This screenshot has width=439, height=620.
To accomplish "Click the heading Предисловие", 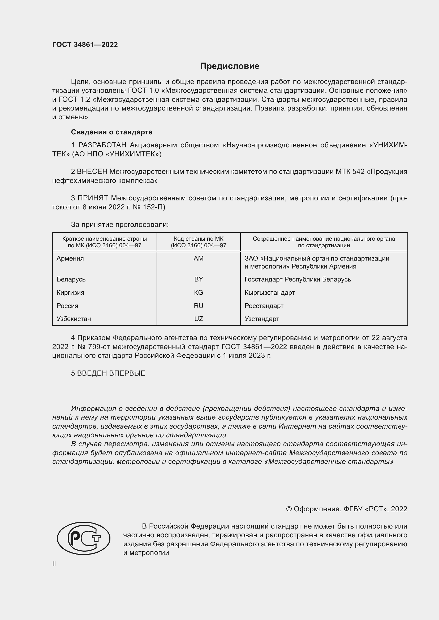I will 230,66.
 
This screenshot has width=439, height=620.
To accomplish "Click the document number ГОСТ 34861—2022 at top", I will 85,45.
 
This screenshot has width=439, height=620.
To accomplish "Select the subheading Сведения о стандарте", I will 112,132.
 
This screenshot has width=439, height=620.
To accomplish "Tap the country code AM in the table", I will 199,258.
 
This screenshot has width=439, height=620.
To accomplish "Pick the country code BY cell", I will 199,279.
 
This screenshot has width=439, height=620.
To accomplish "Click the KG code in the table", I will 199,292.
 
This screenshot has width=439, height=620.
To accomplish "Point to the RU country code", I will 199,306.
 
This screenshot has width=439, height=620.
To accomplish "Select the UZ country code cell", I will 199,319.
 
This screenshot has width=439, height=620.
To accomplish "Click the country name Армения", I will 70,258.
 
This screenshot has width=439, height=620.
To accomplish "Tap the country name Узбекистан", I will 74,319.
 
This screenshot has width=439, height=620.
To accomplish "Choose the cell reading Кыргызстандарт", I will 269,292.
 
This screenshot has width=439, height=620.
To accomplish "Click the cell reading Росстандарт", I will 264,306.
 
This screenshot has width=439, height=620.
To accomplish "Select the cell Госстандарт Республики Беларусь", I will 298,279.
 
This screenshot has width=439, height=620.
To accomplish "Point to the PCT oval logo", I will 84,538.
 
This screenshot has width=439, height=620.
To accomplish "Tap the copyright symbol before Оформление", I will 289,509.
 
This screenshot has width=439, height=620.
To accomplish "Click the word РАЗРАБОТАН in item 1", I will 102,145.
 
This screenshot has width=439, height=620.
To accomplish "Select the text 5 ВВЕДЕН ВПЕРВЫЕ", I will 108,373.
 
